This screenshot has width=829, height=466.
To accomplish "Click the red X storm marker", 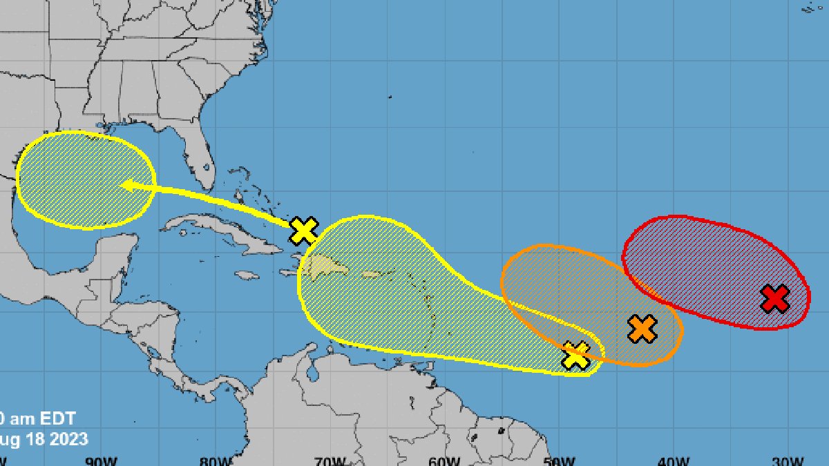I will click(x=775, y=299).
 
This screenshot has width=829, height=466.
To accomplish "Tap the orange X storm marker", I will click(x=642, y=329).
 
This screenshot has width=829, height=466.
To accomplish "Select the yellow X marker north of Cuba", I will click(x=304, y=231).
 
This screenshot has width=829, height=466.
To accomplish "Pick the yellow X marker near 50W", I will click(x=576, y=356).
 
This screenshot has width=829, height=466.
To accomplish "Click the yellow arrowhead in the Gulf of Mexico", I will click(x=126, y=184).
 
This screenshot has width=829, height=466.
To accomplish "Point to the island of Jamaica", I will click(x=247, y=275).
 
